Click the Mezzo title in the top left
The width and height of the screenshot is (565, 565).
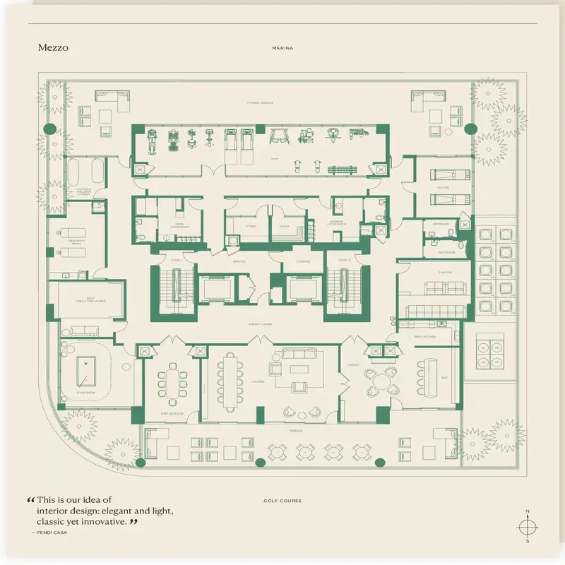pos(54,48)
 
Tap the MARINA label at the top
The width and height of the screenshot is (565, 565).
pos(282,49)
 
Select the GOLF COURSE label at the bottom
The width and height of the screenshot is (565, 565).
pos(282,501)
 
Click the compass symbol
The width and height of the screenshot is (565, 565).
pos(527,526)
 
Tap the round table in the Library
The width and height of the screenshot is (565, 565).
pos(382,382)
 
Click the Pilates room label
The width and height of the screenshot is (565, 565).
pos(444,188)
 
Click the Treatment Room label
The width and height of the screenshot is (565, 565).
pos(76,242)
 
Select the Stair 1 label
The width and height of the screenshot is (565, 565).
pos(176,260)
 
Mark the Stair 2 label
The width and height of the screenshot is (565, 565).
pos(344,260)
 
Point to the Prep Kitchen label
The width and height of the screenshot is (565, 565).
pos(426,337)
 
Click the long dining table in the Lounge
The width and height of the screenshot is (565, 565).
pos(230,381)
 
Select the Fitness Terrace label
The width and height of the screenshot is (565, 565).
pos(260,102)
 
